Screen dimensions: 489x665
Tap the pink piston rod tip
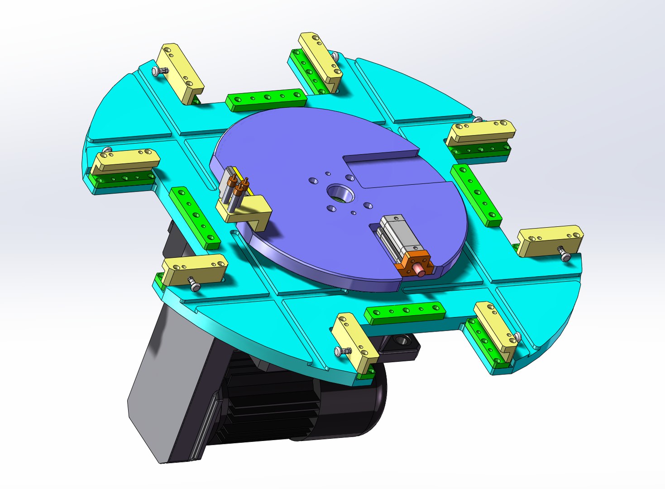point(421,270)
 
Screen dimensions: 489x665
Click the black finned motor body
point(272,403)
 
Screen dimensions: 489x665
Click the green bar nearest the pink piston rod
point(405,313)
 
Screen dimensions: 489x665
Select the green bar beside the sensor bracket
point(195,218)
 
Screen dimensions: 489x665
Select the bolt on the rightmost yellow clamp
point(564,254)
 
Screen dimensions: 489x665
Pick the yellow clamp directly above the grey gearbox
point(195,269)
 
